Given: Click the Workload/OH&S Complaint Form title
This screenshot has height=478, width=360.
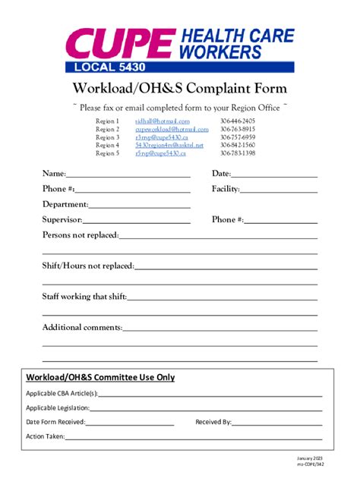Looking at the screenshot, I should tap(179, 88).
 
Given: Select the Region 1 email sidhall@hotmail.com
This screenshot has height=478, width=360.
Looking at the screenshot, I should tap(163, 121).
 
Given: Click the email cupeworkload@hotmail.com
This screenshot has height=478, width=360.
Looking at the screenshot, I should tap(172, 129).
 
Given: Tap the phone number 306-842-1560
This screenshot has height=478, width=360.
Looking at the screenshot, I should tap(238, 145).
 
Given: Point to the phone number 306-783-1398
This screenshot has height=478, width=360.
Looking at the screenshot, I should tap(238, 153).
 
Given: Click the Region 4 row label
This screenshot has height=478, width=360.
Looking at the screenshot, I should tap(107, 145).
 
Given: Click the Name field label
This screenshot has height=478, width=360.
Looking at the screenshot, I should tap(53, 174).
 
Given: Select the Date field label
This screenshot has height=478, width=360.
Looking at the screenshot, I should tap(221, 174).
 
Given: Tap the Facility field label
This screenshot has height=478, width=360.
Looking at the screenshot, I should tap(226, 189).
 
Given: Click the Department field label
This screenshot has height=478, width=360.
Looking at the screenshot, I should tap(65, 204).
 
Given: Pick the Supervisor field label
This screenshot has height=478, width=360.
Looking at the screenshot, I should tap(62, 220).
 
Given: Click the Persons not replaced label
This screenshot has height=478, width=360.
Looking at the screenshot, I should tap(81, 235).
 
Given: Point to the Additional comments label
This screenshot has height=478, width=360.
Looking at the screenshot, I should tap(82, 327).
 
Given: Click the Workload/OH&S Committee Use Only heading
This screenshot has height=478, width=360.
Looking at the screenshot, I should tap(100, 376).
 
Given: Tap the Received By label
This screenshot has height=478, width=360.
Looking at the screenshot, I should tap(213, 422).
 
